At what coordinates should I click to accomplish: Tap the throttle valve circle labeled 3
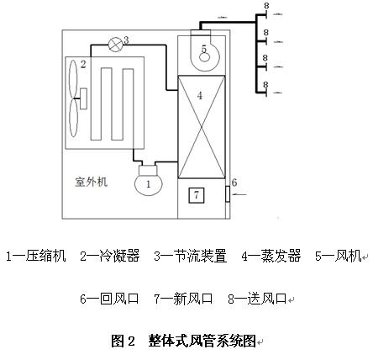[x=115, y=45]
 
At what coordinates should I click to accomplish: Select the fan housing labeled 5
[x=205, y=53]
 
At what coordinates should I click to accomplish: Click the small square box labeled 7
[x=197, y=195]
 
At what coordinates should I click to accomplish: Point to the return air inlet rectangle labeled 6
[x=228, y=194]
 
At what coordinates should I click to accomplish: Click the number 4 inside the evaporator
[x=199, y=96]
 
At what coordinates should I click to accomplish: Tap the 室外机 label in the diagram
[x=92, y=182]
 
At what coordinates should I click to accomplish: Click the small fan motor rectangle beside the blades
[x=83, y=98]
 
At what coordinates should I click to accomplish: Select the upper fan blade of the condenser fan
[x=73, y=79]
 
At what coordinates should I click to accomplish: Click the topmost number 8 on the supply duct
[x=266, y=6]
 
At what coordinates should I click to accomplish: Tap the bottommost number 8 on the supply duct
[x=265, y=85]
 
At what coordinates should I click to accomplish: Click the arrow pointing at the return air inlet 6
[x=239, y=194]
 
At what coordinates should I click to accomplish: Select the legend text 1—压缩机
[x=36, y=256]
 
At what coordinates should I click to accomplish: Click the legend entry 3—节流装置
[x=190, y=256]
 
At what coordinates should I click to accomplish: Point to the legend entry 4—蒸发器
[x=271, y=256]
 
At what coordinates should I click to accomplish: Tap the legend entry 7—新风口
[x=183, y=299]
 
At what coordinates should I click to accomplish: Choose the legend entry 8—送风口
[x=257, y=299]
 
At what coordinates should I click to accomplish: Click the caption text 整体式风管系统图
[x=202, y=341]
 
